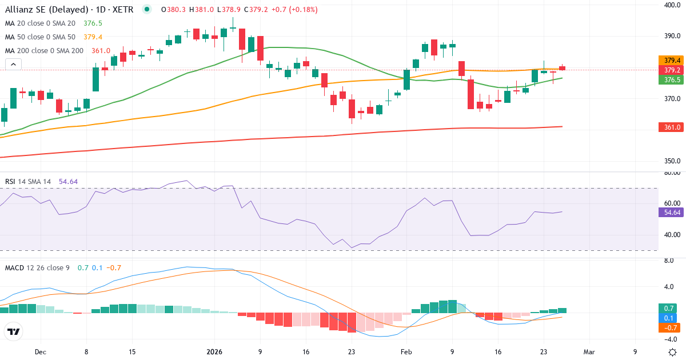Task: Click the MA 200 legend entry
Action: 44,51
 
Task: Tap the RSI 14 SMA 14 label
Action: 28,182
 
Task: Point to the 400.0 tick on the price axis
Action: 672,5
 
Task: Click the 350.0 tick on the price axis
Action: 672,161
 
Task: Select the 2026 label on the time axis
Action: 214,352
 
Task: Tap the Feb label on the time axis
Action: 406,352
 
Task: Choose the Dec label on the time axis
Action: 40,352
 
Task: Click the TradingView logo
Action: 13,331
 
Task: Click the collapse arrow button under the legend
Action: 13,65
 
